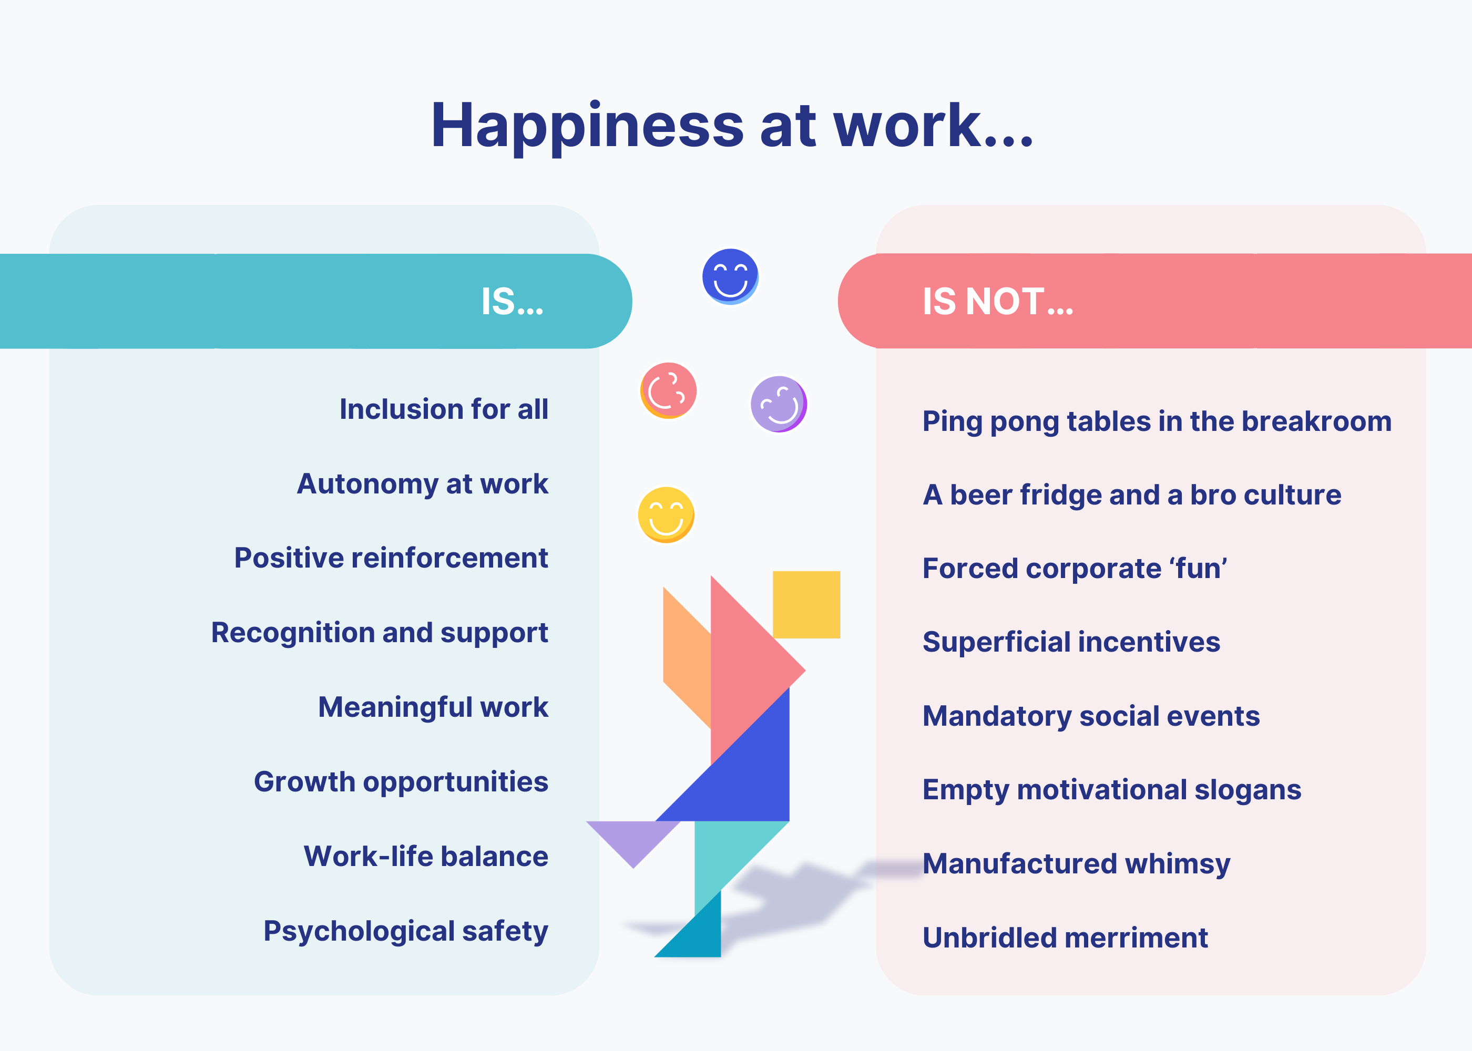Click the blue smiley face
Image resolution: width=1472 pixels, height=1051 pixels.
pyautogui.click(x=730, y=276)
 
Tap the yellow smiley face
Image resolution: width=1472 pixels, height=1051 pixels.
pyautogui.click(x=666, y=514)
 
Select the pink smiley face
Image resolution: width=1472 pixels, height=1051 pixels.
pyautogui.click(x=669, y=390)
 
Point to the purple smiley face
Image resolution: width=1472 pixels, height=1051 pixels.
pyautogui.click(x=779, y=404)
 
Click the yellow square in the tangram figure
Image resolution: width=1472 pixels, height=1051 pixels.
pyautogui.click(x=806, y=604)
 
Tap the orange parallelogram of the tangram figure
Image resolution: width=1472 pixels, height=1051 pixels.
pyautogui.click(x=687, y=657)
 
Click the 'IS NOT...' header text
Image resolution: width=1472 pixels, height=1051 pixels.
pyautogui.click(x=997, y=302)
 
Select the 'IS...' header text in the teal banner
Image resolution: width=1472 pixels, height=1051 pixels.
pyautogui.click(x=512, y=302)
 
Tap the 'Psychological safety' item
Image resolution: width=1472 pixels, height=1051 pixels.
pyautogui.click(x=406, y=932)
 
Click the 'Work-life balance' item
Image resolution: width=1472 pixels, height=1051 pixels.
pyautogui.click(x=426, y=856)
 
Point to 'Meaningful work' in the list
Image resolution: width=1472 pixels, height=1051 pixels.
pyautogui.click(x=433, y=707)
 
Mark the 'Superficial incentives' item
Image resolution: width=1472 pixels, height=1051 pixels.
pyautogui.click(x=1071, y=642)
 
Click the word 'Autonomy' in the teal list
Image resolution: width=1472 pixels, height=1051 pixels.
pyautogui.click(x=367, y=485)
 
